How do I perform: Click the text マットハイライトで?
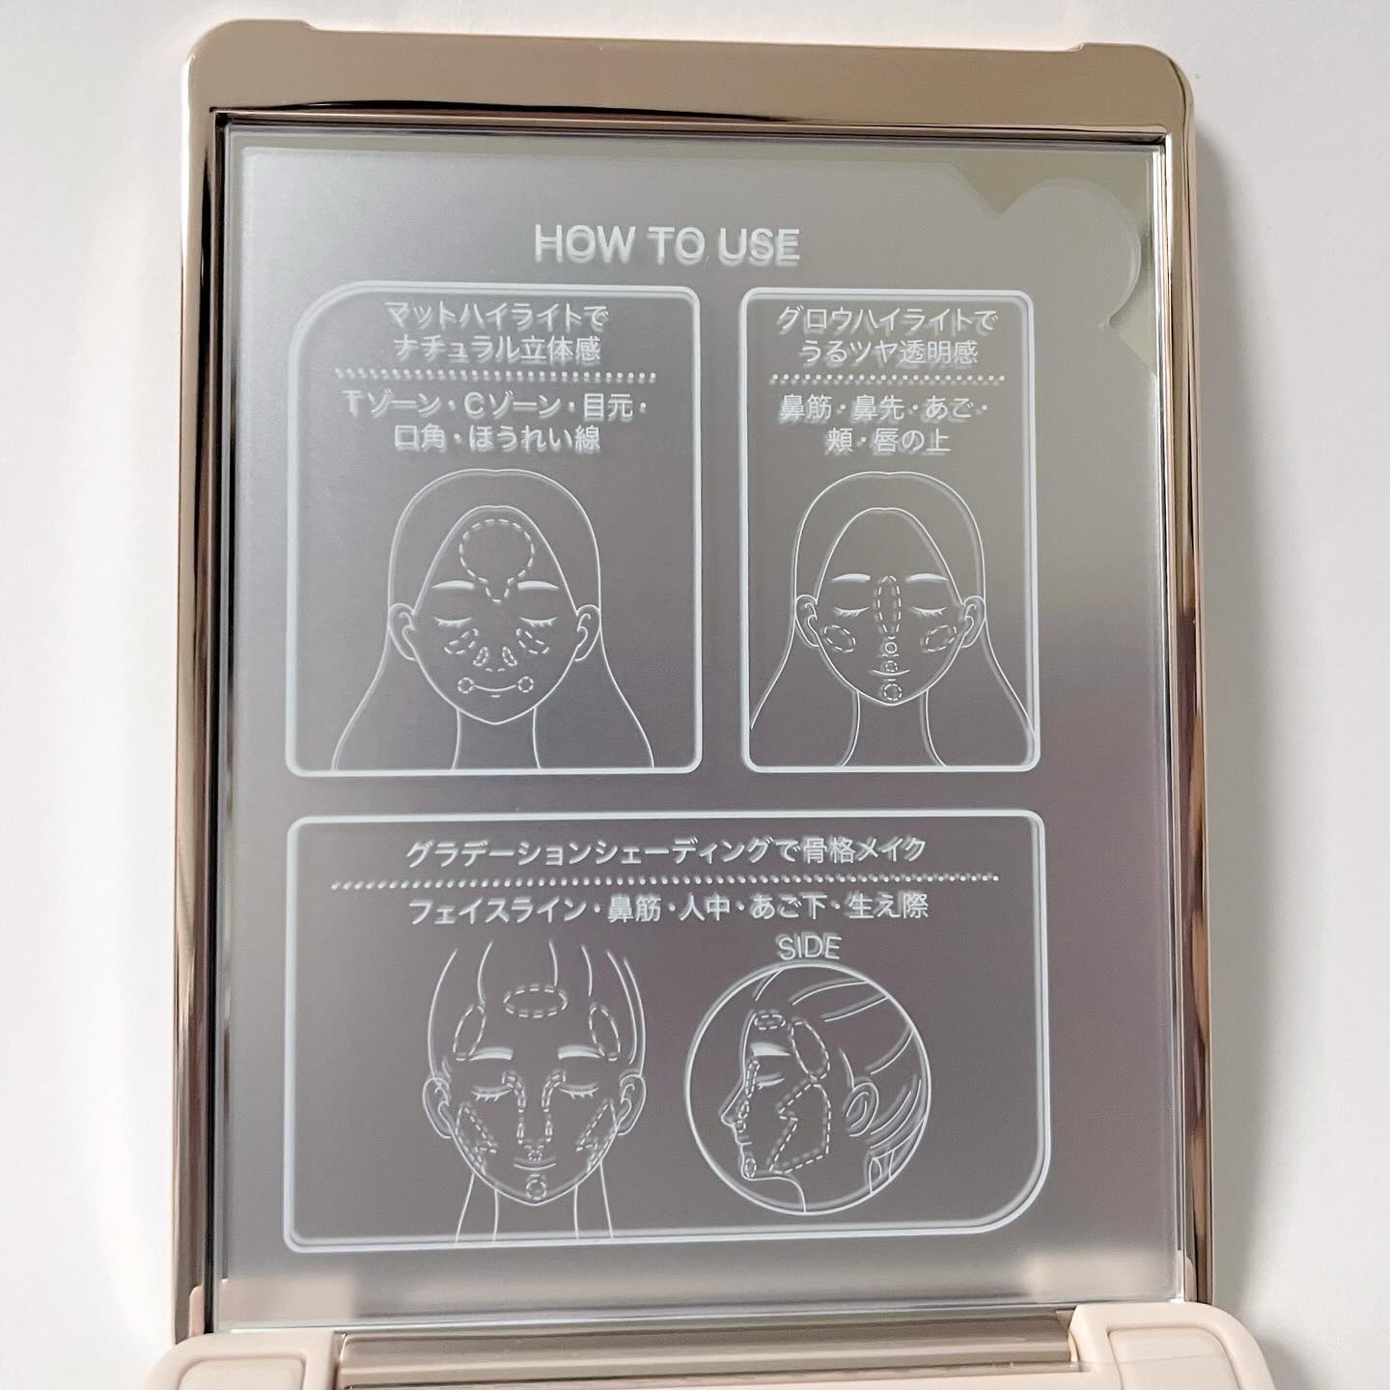(x=497, y=317)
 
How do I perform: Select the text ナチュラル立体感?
(x=497, y=350)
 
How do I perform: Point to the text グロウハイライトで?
(x=889, y=320)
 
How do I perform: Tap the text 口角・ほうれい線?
(x=497, y=439)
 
